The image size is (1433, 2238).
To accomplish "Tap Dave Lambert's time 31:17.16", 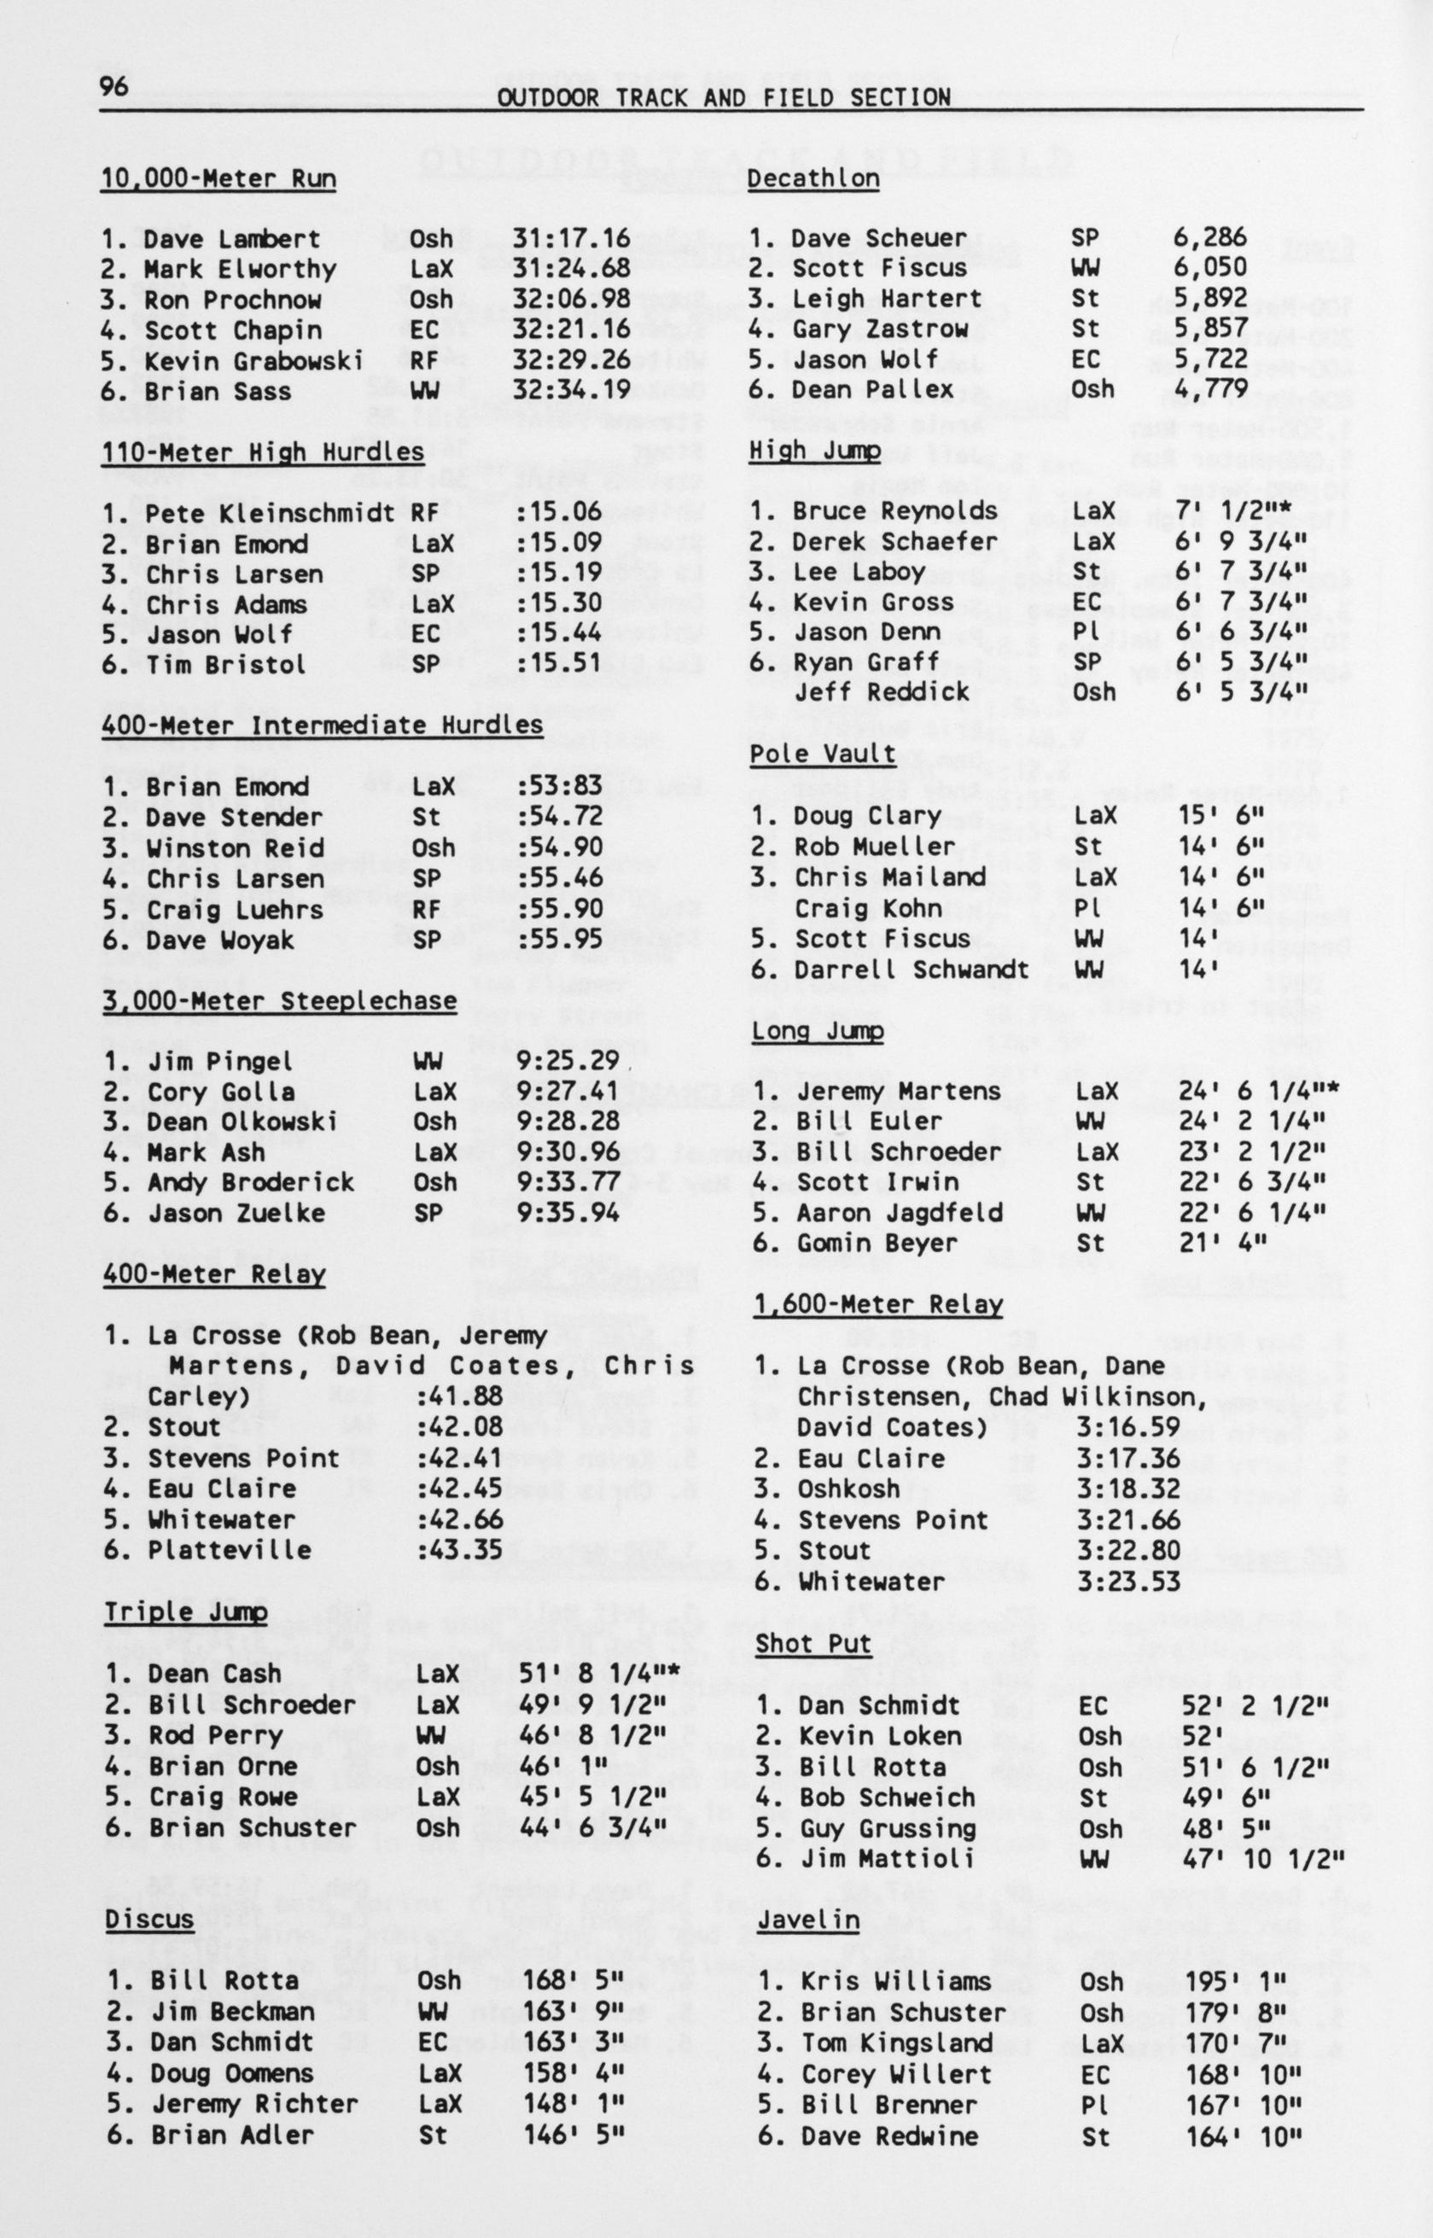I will [570, 238].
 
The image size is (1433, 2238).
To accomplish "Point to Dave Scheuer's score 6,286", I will [1209, 237].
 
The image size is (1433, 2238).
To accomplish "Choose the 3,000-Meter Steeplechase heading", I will [279, 1000].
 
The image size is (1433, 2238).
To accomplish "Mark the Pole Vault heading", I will [823, 754].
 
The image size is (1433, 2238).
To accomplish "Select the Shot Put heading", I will [813, 1643].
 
